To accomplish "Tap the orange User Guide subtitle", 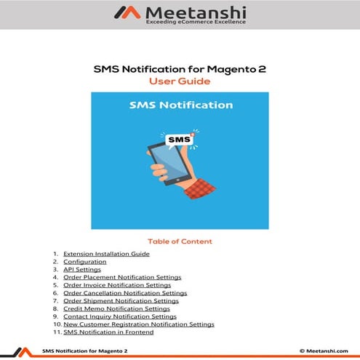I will (x=179, y=81).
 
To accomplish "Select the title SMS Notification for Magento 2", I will (x=179, y=69).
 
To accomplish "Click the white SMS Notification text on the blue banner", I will (x=180, y=105).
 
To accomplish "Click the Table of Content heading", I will (x=180, y=241).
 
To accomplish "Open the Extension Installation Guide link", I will (x=106, y=254).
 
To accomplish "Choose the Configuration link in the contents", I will (x=84, y=262).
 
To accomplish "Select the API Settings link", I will (x=82, y=270).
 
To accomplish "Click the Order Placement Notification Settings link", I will (x=122, y=278).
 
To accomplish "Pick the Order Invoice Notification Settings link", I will (x=117, y=286).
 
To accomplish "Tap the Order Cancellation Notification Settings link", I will (x=125, y=293).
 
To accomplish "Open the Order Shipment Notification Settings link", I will (x=121, y=301).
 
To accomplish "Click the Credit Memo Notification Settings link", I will (x=116, y=309).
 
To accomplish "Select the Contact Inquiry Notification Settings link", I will (x=120, y=316).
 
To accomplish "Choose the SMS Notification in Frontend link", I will (x=108, y=332).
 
